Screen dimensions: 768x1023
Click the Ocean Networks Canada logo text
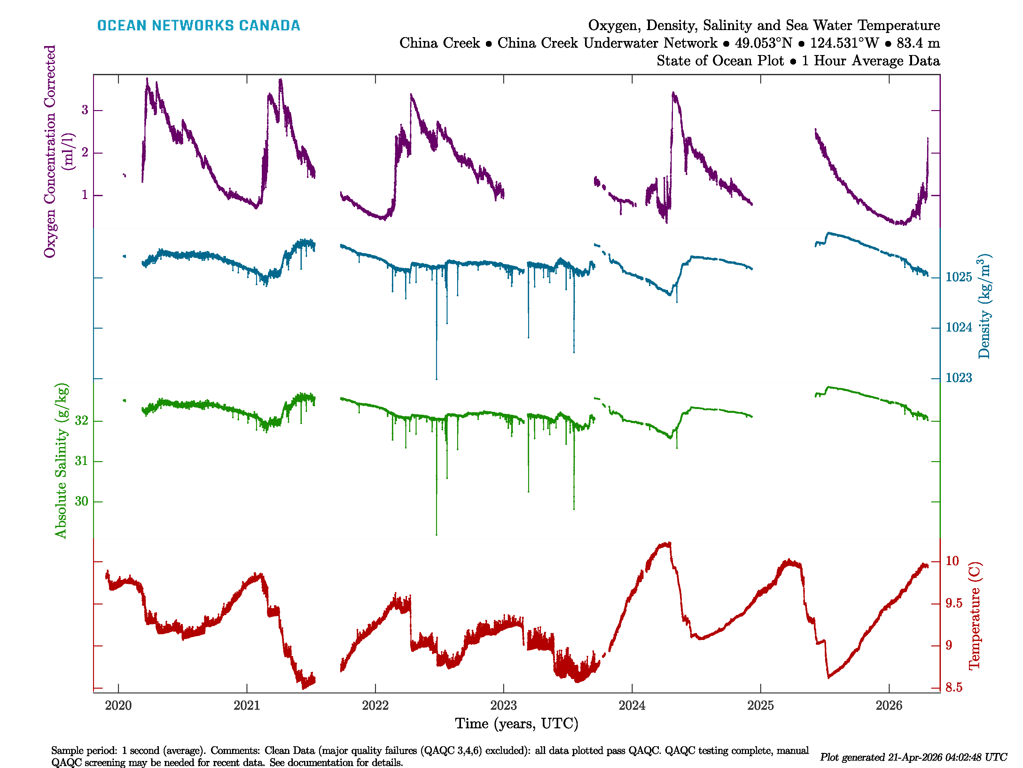click(x=199, y=26)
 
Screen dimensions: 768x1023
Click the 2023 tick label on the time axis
click(x=503, y=706)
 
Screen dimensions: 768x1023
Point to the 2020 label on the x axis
click(x=118, y=706)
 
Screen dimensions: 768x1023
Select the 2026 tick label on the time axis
click(x=888, y=706)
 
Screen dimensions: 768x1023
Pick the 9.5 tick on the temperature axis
click(x=954, y=603)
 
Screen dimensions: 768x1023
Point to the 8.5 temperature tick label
click(x=954, y=687)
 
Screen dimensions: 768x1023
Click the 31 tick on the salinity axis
click(x=82, y=461)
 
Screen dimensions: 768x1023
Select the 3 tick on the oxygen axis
click(x=85, y=110)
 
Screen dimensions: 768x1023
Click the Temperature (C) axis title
click(x=974, y=616)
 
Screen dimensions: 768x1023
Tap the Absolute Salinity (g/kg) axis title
click(x=61, y=460)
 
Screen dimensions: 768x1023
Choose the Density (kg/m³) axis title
click(x=984, y=306)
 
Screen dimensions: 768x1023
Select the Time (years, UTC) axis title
click(x=517, y=724)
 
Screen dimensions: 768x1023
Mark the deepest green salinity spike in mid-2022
click(x=436, y=532)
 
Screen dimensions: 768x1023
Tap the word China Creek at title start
click(x=439, y=43)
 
